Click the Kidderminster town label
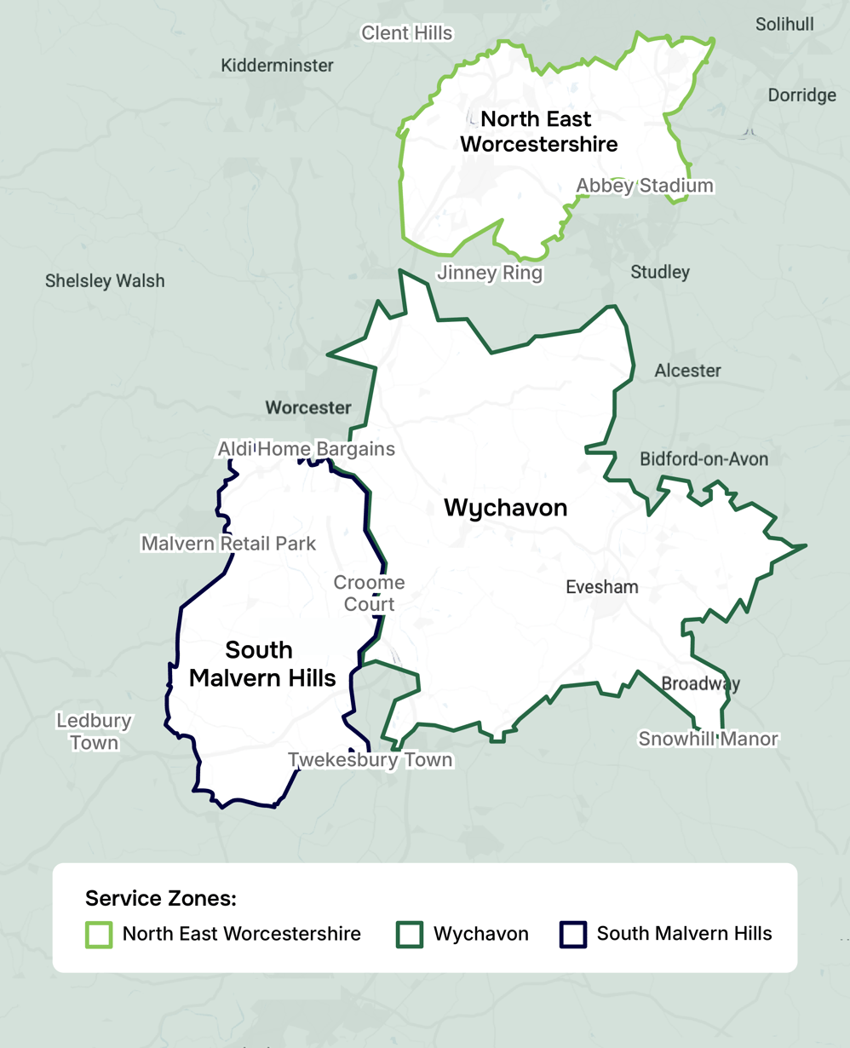[277, 66]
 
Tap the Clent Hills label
[406, 33]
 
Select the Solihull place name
[784, 24]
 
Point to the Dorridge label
[801, 95]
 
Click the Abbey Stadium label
[644, 186]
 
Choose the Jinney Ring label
[489, 274]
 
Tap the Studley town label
[660, 272]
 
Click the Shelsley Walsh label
[105, 281]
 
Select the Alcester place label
[687, 371]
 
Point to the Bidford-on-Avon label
[704, 459]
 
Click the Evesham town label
[601, 587]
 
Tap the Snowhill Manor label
[708, 739]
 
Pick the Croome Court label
[369, 593]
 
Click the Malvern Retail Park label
[228, 544]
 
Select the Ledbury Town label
[94, 731]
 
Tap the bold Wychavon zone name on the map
[505, 508]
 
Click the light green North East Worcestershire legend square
[99, 934]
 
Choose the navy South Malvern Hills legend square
[573, 934]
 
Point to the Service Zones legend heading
[160, 898]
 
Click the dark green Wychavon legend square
[410, 934]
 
